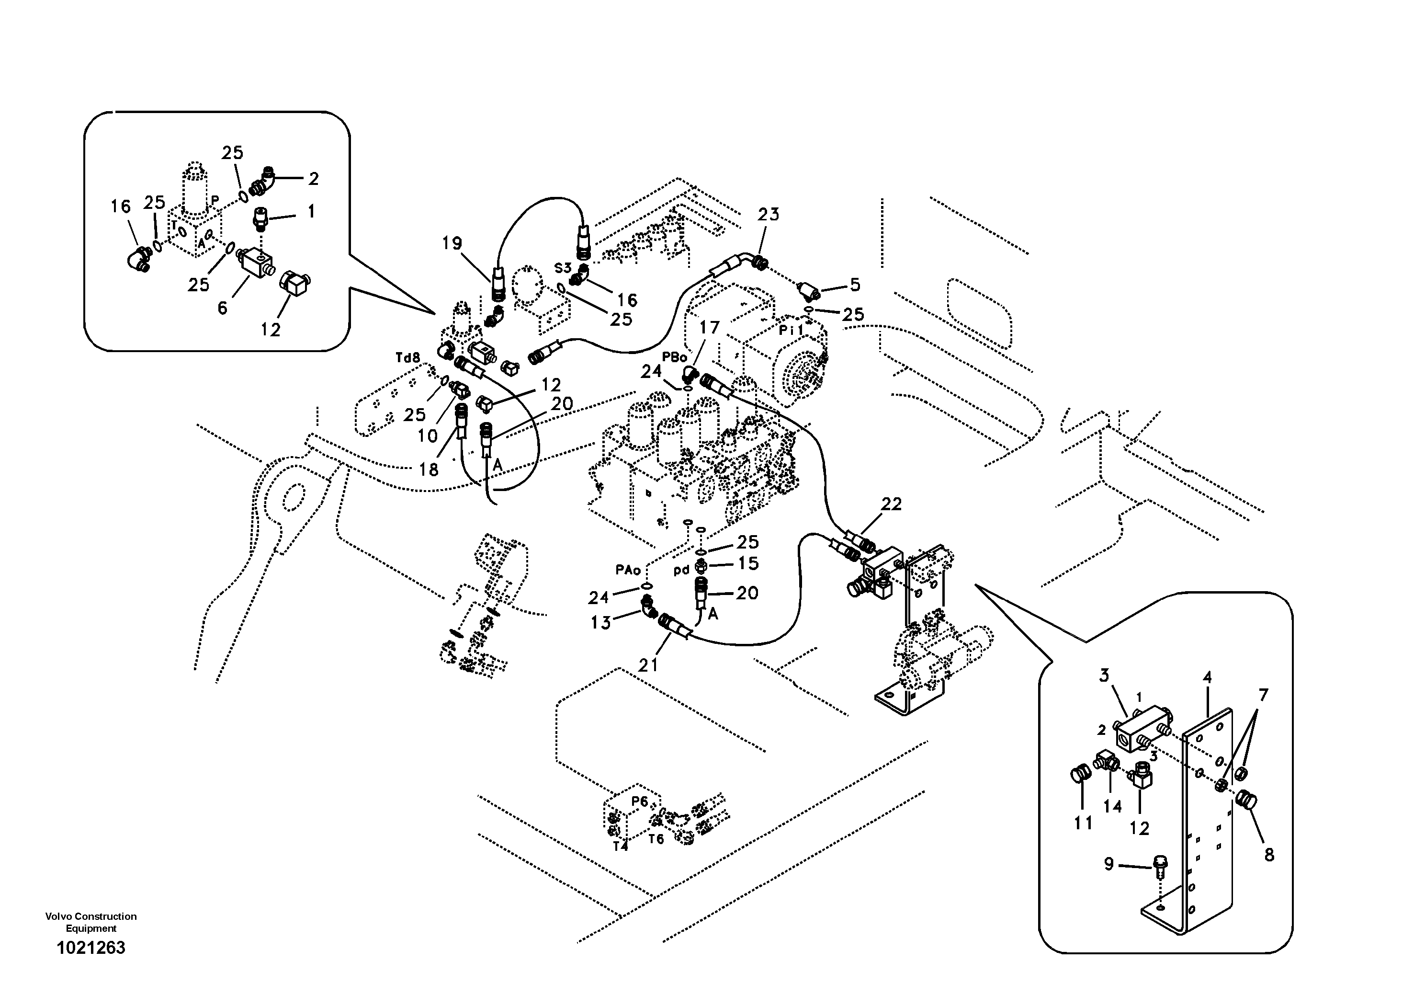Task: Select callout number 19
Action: point(452,243)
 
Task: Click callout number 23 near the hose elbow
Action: point(769,214)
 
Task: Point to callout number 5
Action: point(855,285)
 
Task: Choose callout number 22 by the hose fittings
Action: point(891,503)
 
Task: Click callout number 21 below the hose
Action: point(648,665)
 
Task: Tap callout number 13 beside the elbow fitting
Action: point(600,622)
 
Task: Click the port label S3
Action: point(562,268)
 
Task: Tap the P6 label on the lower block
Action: point(639,801)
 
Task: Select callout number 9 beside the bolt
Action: point(1108,864)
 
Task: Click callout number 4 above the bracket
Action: point(1207,677)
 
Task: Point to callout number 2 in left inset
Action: point(314,179)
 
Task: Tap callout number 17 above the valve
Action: point(710,327)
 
